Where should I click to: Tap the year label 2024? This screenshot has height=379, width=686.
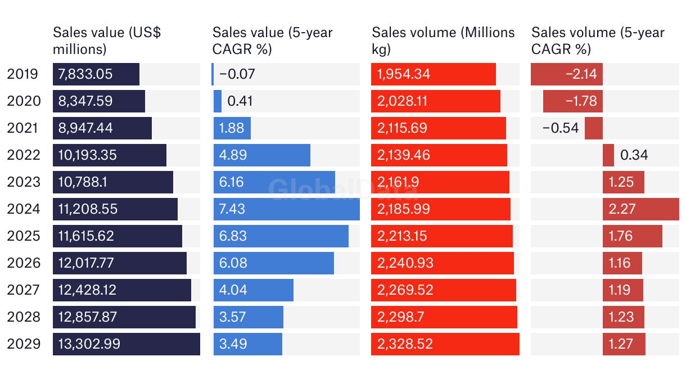point(24,209)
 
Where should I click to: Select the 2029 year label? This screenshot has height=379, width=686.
point(24,344)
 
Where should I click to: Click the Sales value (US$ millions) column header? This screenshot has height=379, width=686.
point(107,40)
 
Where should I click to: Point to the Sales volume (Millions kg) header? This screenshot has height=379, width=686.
point(443,40)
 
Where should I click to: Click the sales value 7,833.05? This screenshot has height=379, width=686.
point(85,74)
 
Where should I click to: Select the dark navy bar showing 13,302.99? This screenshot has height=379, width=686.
point(127,344)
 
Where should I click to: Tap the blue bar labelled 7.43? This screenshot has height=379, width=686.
point(287,209)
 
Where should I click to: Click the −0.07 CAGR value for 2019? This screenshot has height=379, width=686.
point(237,74)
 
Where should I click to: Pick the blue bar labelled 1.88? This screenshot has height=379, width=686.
point(232,128)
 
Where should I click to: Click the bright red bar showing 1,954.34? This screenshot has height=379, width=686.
point(433,74)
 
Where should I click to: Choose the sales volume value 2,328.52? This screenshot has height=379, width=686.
point(405,344)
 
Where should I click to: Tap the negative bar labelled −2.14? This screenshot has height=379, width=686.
point(566,74)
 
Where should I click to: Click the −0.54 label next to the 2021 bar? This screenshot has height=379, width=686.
point(561,128)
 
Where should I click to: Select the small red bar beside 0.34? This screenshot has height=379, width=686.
point(608,155)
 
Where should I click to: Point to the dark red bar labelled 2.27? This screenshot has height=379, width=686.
point(641,209)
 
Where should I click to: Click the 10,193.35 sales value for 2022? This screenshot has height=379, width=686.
point(88,155)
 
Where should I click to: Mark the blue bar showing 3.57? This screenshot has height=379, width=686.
point(248,317)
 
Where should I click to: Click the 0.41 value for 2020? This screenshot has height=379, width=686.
point(240,101)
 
